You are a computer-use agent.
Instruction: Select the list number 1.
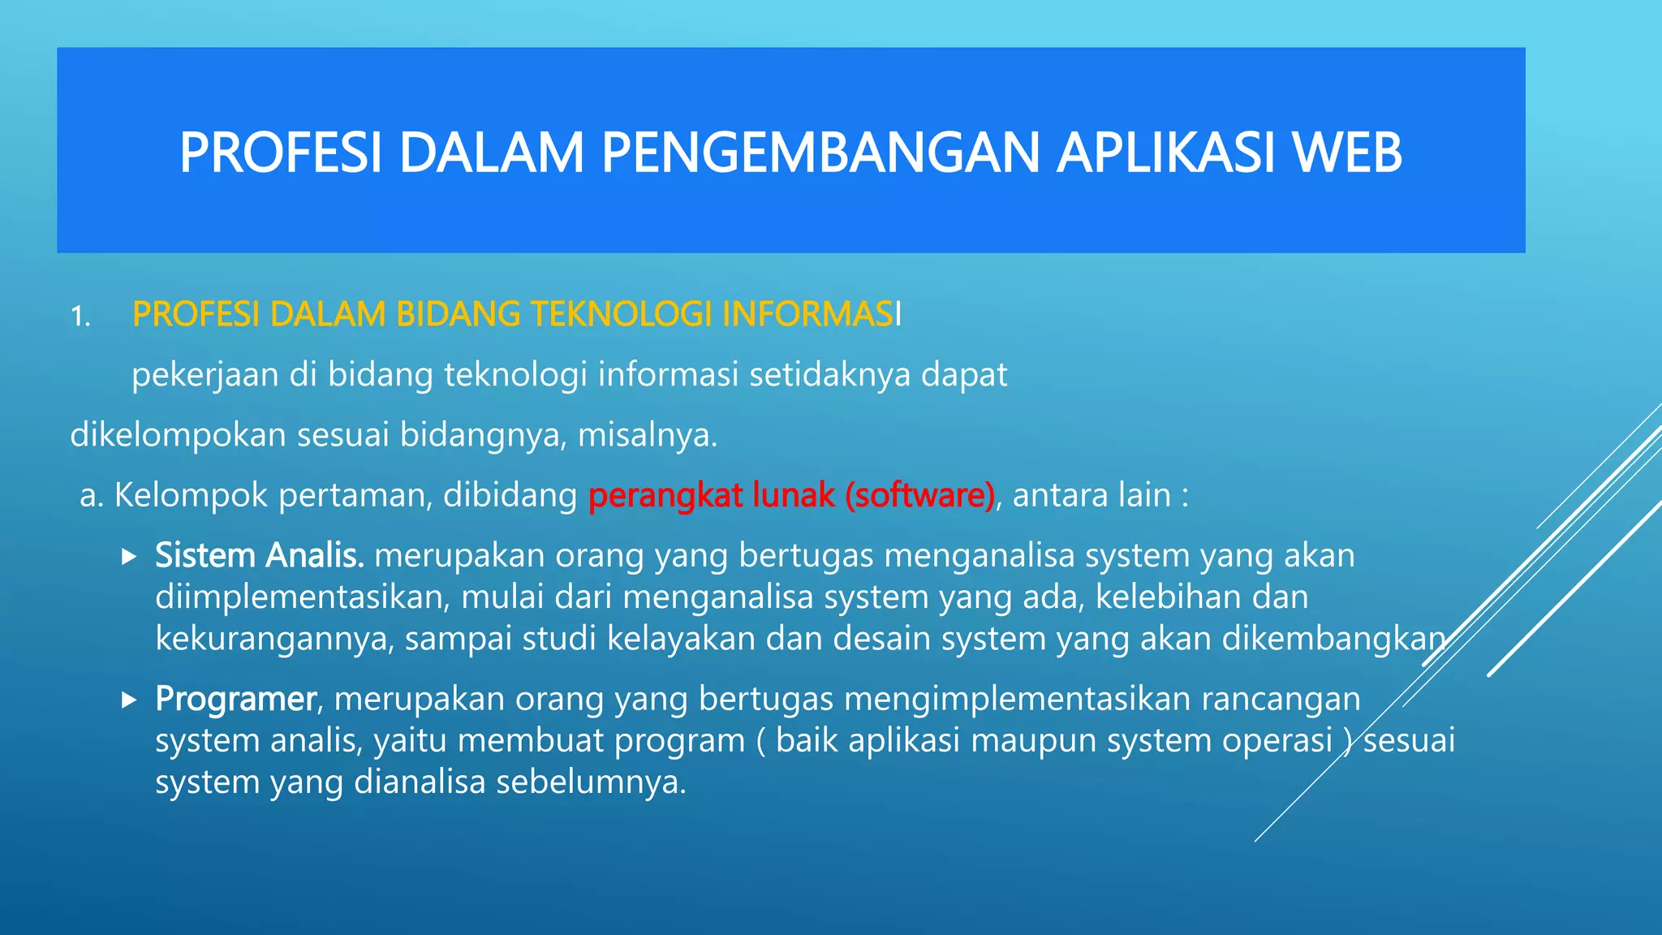[80, 317]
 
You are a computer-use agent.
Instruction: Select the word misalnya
[647, 436]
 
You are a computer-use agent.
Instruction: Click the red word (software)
[919, 495]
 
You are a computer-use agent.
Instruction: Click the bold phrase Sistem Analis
[259, 556]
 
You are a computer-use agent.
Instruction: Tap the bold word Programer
[235, 699]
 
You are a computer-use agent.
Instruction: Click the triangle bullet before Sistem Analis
[129, 557]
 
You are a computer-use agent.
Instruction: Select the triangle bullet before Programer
[129, 700]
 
